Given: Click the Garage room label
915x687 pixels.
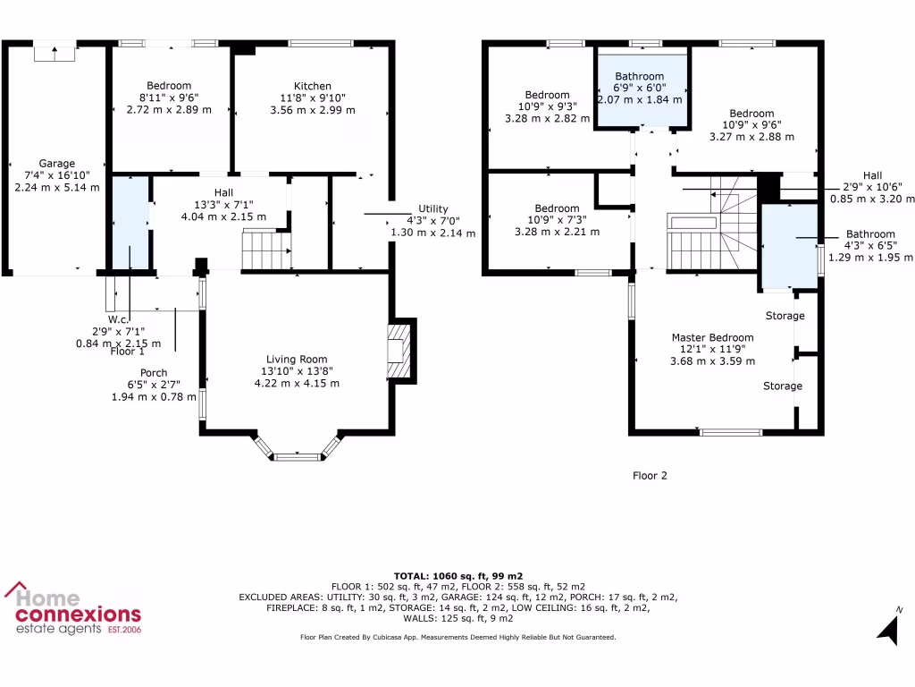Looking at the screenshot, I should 56,164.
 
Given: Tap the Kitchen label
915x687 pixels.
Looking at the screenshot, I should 312,86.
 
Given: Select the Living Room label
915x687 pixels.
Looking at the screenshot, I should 297,360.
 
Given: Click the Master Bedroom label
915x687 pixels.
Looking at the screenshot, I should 713,338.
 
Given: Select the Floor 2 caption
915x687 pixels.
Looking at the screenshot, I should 650,476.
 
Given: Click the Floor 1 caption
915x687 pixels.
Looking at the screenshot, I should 128,352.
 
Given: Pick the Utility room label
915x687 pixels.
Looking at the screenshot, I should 433,208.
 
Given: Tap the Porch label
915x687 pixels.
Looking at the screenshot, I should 154,373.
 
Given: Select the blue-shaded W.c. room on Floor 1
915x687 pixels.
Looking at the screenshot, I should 130,224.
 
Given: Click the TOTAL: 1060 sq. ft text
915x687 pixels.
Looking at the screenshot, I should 457,575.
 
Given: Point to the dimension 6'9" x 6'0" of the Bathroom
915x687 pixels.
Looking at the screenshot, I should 639,88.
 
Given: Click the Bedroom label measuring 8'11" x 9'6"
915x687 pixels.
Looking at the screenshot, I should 169,86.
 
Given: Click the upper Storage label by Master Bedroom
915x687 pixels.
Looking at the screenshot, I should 785,316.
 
